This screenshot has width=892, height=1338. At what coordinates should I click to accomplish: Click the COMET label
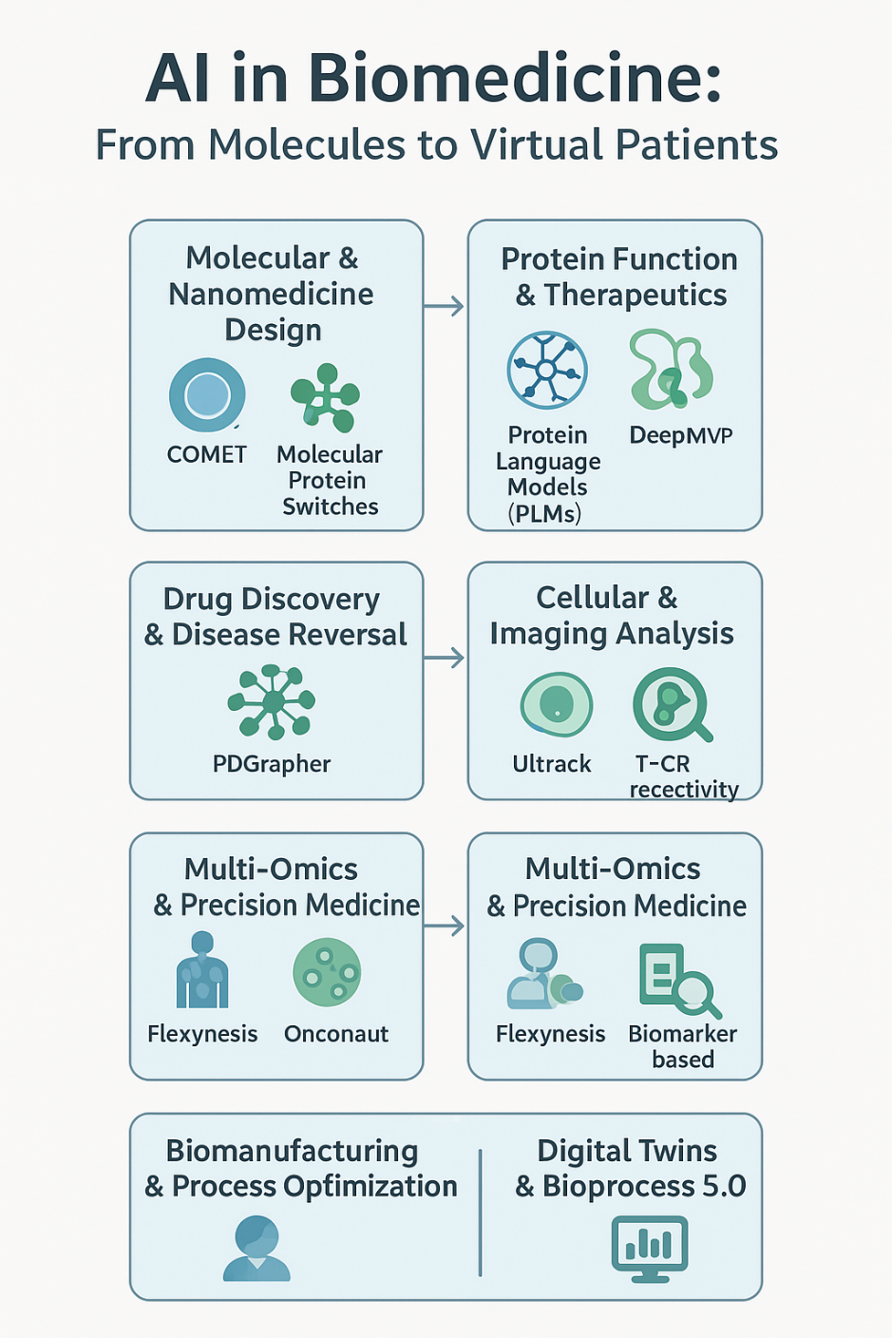click(x=206, y=454)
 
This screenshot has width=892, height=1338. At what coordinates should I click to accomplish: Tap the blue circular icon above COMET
click(x=207, y=394)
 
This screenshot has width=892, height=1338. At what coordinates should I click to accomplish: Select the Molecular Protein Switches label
click(x=330, y=480)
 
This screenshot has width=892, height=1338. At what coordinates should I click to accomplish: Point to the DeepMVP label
click(x=681, y=435)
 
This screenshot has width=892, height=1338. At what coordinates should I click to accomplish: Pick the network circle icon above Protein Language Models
click(x=547, y=370)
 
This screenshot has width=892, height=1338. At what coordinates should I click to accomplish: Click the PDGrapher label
click(x=272, y=764)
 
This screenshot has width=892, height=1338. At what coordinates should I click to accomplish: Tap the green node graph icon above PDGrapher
click(x=272, y=701)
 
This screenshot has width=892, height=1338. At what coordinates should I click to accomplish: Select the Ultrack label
click(x=551, y=764)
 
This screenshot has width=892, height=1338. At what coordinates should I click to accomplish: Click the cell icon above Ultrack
click(x=556, y=704)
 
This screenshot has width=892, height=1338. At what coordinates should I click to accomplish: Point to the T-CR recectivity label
click(x=683, y=776)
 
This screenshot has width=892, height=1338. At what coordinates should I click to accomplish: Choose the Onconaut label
click(x=336, y=1034)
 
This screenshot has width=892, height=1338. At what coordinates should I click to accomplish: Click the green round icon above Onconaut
click(x=327, y=972)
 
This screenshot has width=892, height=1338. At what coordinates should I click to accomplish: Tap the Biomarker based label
click(x=682, y=1046)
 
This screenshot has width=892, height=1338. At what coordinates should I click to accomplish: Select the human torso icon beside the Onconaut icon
click(x=202, y=970)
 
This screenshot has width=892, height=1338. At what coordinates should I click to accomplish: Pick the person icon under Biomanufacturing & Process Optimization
click(x=256, y=1249)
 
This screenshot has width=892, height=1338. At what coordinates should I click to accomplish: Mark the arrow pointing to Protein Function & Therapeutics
click(x=444, y=306)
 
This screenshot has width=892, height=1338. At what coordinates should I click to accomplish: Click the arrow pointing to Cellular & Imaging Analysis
click(x=444, y=658)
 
